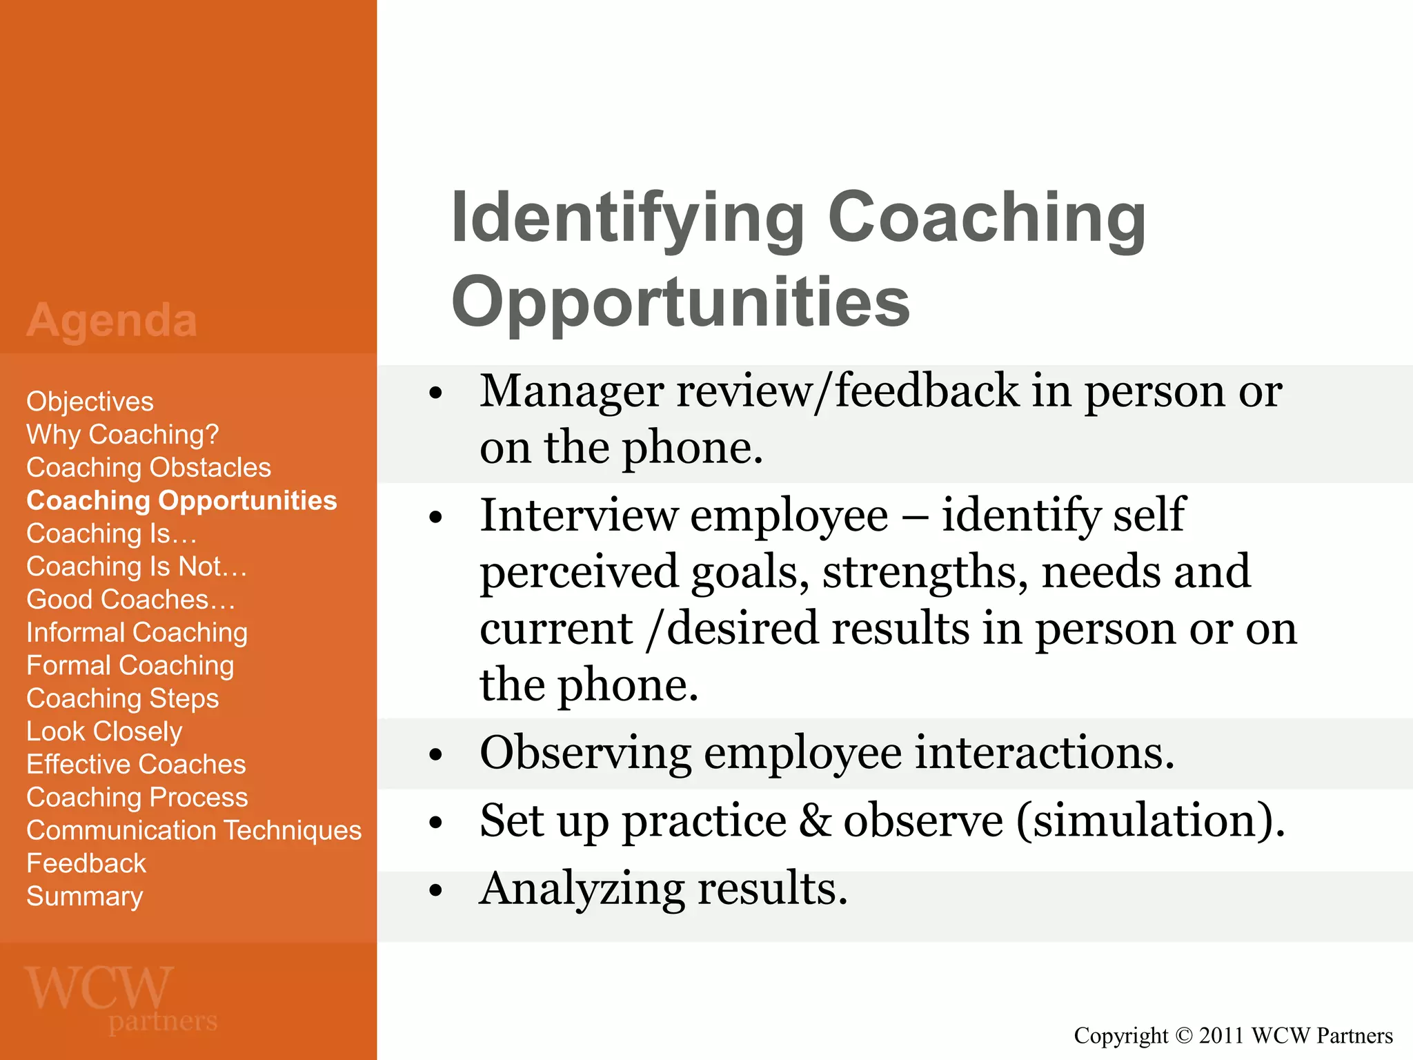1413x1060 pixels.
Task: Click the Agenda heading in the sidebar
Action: [112, 320]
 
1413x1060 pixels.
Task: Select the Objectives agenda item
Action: [90, 402]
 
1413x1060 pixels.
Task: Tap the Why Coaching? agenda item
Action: [122, 435]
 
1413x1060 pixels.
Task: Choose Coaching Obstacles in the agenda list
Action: [148, 468]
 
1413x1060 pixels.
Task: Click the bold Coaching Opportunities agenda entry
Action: [181, 500]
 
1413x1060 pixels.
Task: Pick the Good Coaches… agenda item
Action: [130, 600]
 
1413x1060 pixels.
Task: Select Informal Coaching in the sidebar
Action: [137, 633]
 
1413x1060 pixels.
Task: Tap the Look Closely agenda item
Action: [104, 732]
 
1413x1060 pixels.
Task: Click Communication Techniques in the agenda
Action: [194, 830]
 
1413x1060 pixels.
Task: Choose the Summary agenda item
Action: [84, 896]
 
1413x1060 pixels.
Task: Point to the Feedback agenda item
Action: [86, 863]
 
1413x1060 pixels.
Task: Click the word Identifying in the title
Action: [627, 219]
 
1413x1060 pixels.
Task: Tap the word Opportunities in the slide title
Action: [680, 302]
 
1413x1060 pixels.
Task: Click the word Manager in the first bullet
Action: [571, 391]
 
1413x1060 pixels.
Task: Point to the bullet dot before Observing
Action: [435, 755]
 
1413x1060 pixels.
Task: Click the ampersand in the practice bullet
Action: [816, 821]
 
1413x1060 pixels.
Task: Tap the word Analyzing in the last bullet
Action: [582, 889]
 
